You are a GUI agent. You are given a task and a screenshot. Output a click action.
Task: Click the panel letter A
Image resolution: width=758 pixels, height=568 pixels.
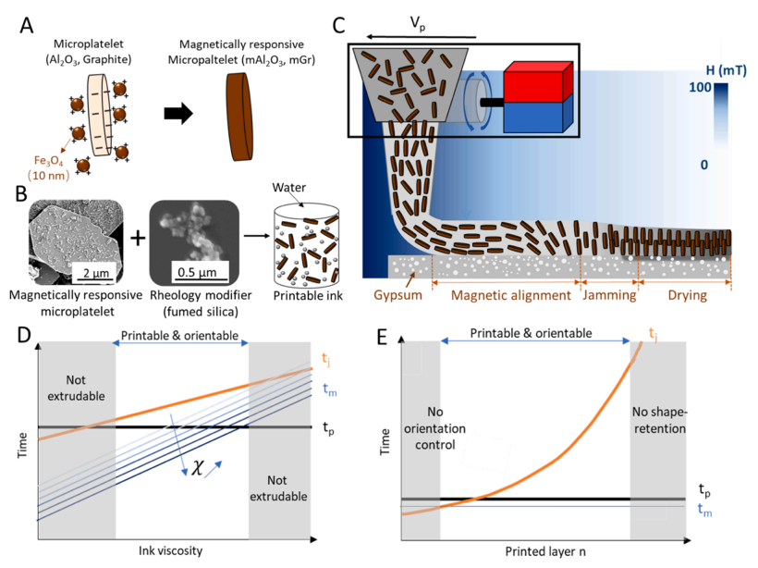pos(27,25)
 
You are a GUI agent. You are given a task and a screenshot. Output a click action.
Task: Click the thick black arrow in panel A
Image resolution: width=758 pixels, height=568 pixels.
pos(178,114)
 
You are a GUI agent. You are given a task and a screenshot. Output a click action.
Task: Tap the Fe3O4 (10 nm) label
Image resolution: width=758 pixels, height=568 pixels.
pos(48,167)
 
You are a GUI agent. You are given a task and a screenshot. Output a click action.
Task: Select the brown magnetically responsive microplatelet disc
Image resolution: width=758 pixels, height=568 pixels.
pos(239,117)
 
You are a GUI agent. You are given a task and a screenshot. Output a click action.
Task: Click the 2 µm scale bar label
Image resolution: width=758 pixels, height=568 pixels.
pos(96,273)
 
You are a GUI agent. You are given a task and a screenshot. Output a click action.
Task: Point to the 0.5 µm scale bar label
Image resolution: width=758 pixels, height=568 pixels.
pos(197,272)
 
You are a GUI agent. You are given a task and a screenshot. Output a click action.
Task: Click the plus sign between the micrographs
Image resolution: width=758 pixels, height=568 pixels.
pos(138,238)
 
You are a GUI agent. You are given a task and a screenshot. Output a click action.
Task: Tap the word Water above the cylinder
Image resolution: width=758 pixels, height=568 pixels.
pos(288,187)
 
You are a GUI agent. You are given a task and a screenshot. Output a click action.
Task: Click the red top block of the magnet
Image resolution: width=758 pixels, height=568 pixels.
pos(538,81)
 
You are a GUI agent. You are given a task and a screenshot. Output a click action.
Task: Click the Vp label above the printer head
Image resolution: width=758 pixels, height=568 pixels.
pos(418,23)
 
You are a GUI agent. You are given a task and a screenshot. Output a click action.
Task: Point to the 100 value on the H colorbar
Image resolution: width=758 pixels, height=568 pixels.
pos(700,87)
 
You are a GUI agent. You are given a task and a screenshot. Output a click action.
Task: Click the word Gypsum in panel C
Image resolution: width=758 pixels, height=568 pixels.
pos(397,295)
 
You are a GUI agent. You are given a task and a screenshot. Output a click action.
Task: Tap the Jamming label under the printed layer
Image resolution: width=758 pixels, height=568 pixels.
pos(609,295)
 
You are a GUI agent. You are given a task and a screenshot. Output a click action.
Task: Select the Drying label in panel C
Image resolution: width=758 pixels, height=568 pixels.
pos(688,295)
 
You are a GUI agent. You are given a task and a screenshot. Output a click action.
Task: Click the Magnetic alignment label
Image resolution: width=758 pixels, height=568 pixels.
pos(511,295)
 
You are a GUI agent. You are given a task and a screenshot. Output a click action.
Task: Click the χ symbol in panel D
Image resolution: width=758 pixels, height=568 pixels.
pos(197,467)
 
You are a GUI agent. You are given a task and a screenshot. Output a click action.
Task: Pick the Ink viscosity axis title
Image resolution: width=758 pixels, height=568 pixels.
pos(171,550)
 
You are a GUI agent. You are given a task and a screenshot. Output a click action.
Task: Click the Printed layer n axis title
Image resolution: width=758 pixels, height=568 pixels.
pos(545,551)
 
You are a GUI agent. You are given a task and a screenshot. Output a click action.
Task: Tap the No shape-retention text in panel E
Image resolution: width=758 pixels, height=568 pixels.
pos(659,420)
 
